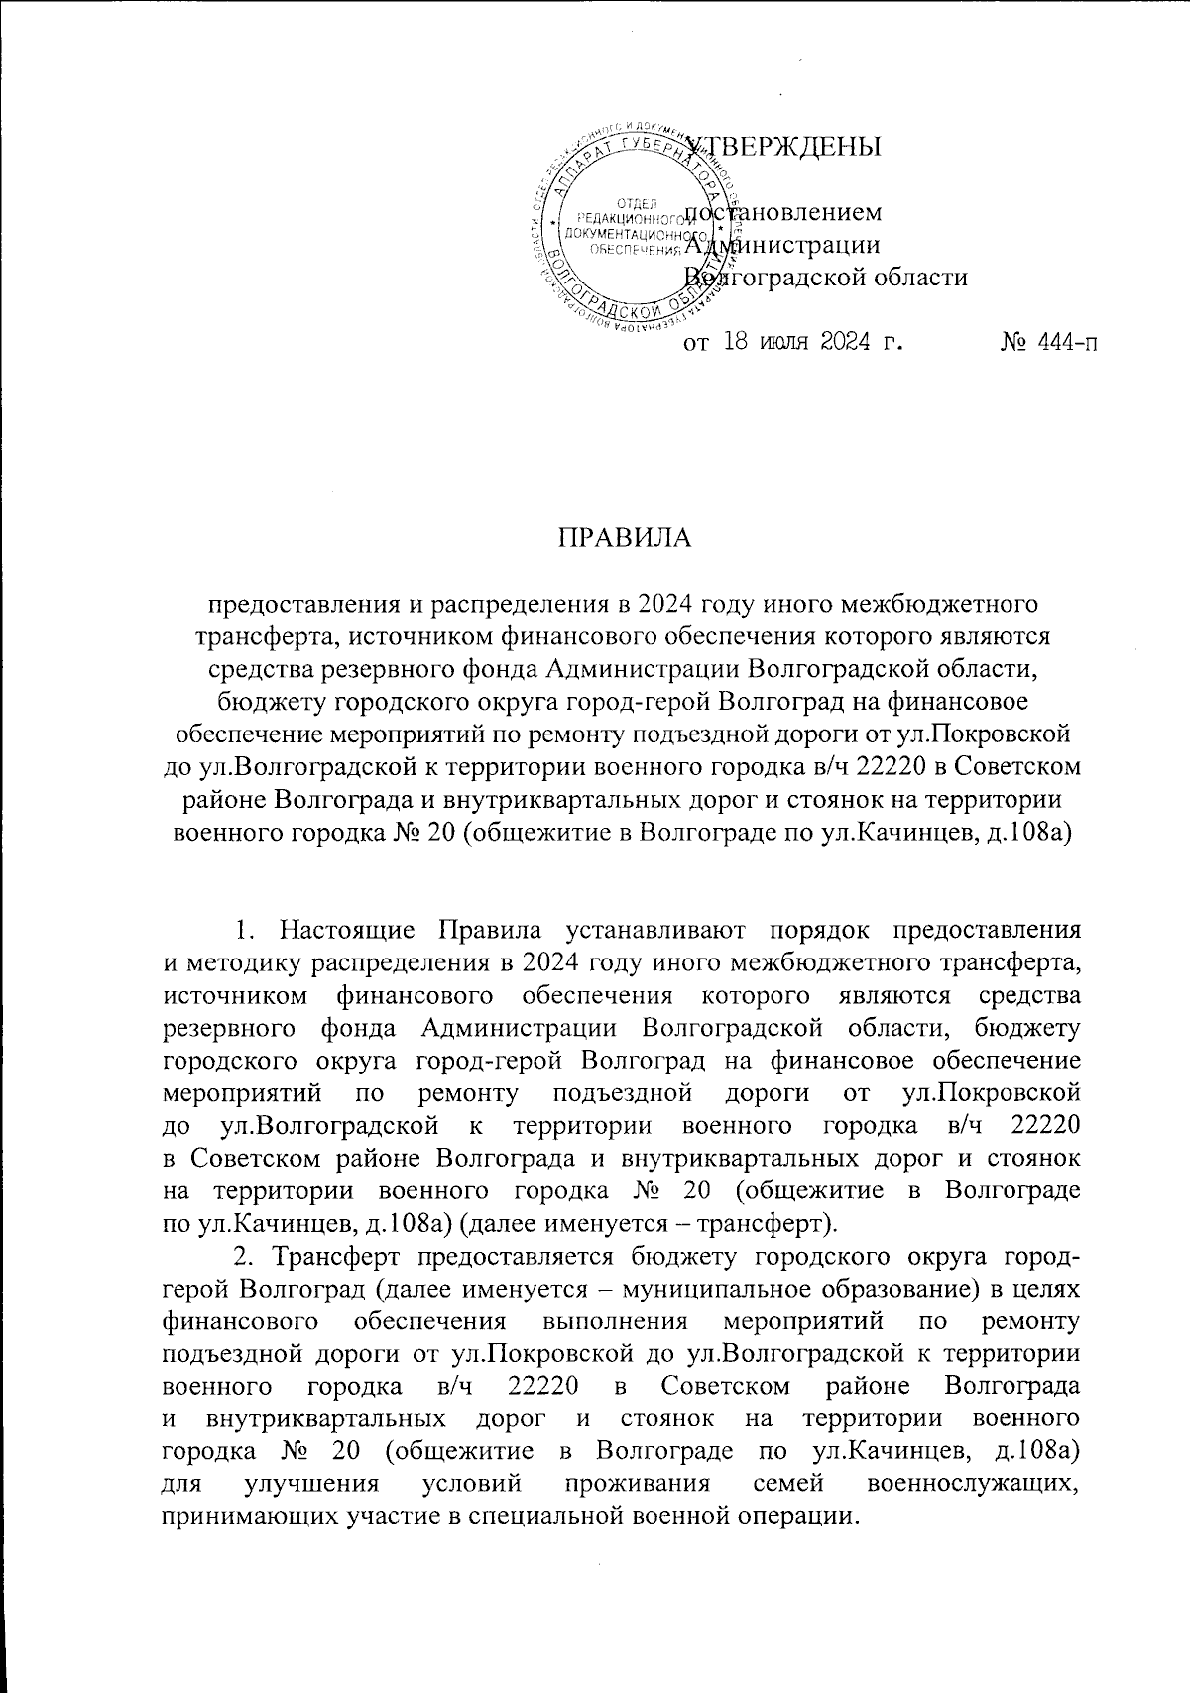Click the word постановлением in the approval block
(x=783, y=212)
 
